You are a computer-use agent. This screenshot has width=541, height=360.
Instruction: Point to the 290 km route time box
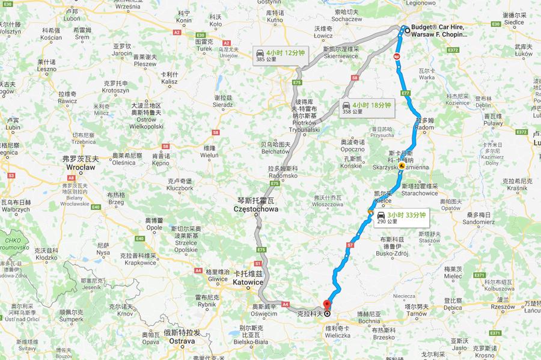coord(400,217)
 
